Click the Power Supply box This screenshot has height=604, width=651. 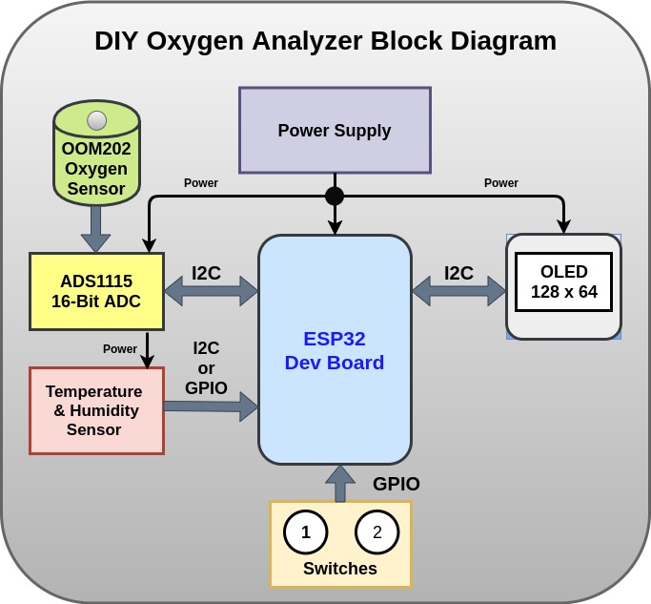pos(335,130)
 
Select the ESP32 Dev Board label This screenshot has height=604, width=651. pos(335,350)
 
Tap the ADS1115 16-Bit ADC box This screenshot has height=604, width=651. pos(96,291)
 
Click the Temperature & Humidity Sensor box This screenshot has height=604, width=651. pos(96,410)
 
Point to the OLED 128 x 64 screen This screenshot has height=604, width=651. pos(563,281)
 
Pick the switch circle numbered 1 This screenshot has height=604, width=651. pos(306,532)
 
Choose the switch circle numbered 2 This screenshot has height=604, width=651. pos(377,532)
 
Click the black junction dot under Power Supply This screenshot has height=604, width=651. pos(335,196)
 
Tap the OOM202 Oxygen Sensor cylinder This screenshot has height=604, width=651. pos(96,158)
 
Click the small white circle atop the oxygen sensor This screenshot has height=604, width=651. pos(96,120)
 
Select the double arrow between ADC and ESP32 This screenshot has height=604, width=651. pos(211,290)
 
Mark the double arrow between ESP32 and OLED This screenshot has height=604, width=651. pos(458,290)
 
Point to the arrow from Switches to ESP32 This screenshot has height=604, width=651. pos(339,483)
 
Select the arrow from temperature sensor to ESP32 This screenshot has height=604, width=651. pos(211,406)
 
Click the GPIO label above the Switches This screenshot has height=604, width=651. pos(397,484)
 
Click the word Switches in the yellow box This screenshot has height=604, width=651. pos(340,569)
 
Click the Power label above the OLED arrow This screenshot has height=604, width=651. pos(501,183)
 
